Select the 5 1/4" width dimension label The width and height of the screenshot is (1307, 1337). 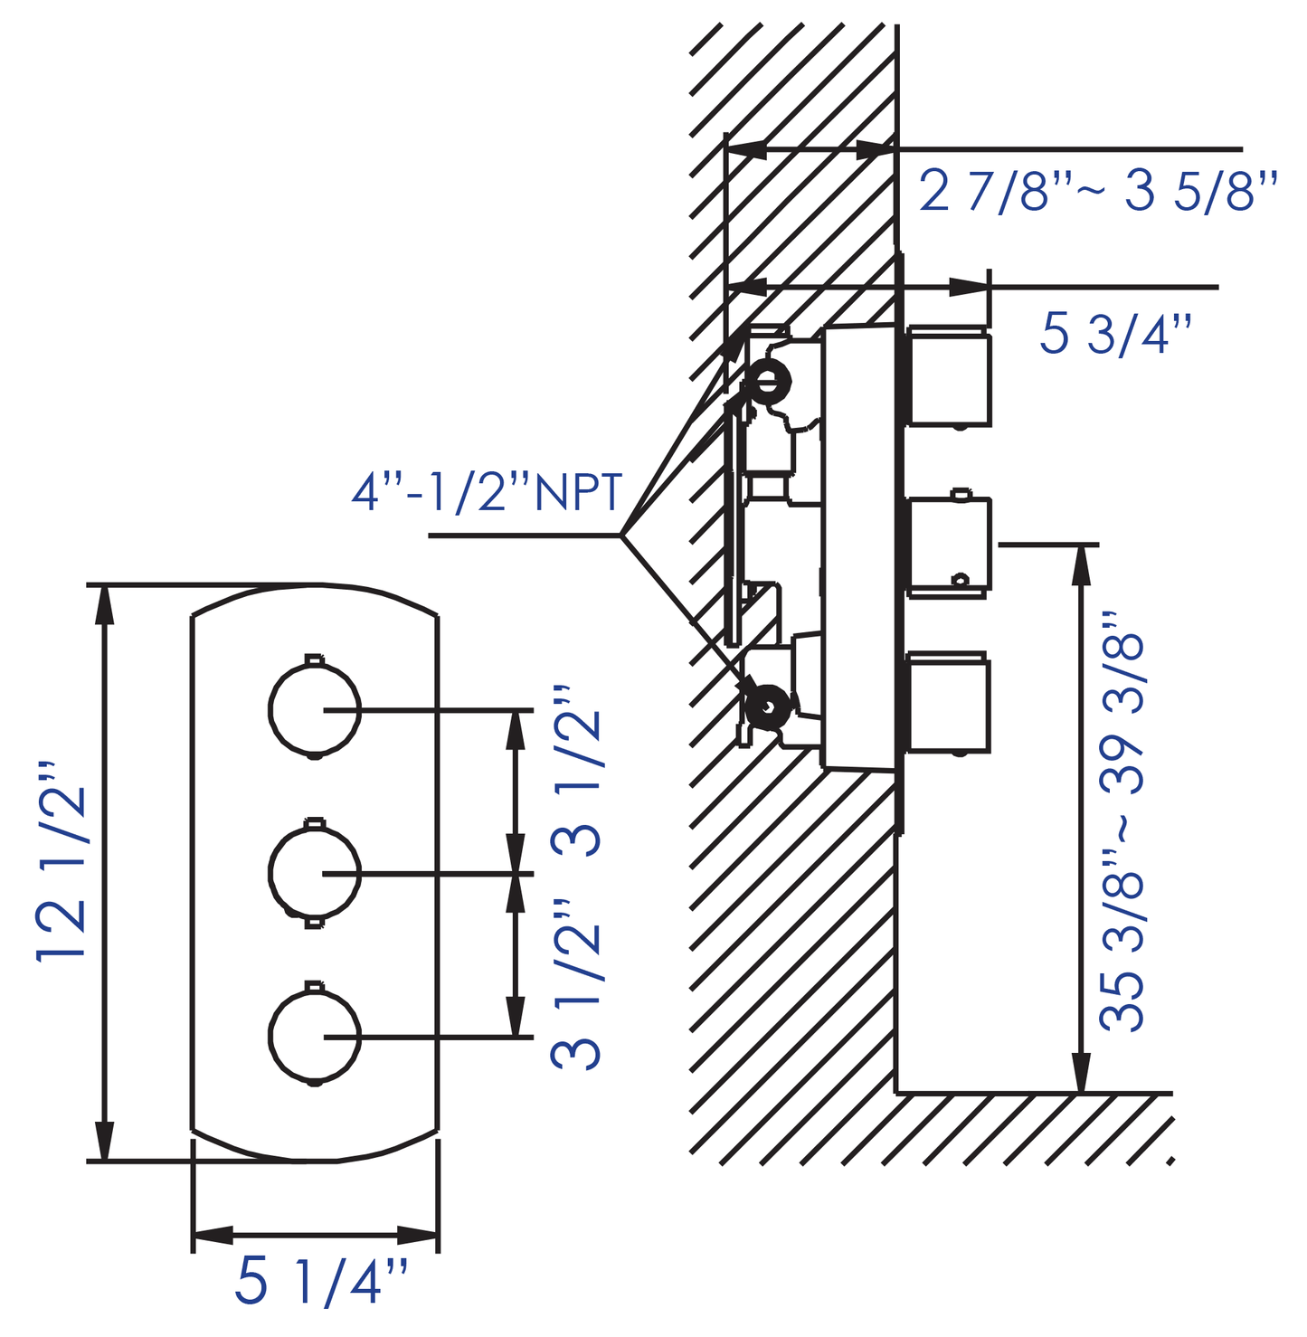pos(321,1282)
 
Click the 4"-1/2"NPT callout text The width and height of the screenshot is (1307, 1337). pos(487,493)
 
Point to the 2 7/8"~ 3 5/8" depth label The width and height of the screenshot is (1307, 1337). pos(1098,192)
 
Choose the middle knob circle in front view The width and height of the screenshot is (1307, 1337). pos(314,873)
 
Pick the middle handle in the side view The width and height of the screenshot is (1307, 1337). pos(949,545)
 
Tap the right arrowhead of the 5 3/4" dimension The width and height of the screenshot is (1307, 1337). pos(968,288)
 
